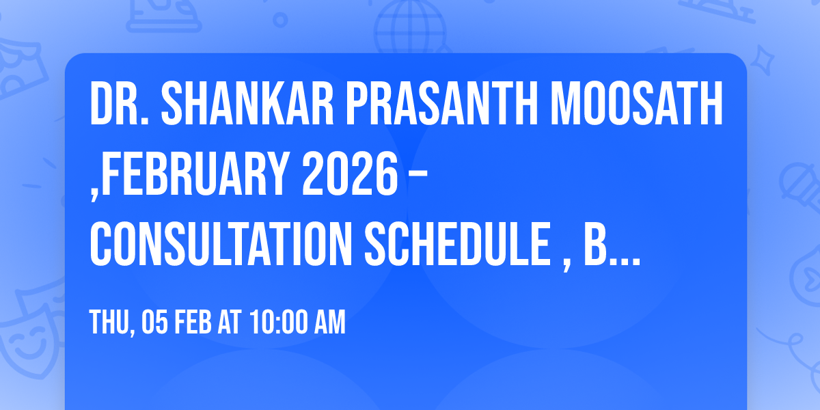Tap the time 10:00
click(279, 323)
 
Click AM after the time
click(331, 323)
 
